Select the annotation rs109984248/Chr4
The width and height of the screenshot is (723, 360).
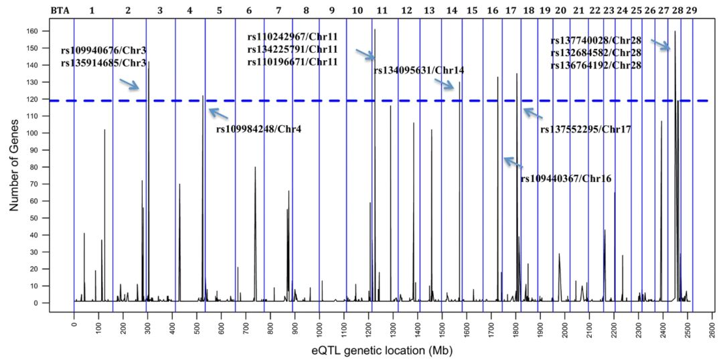coord(258,128)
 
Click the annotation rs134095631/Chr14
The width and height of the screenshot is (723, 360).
coord(419,70)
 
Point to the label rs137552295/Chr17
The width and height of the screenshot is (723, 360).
coord(586,128)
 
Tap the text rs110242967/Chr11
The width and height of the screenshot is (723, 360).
coord(292,37)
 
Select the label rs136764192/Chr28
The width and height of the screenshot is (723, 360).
coord(596,65)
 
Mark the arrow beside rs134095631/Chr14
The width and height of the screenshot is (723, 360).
coord(445,84)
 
